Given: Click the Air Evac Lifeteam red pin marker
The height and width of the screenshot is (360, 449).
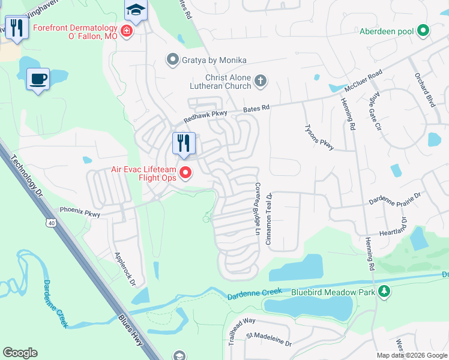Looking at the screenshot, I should (185, 173).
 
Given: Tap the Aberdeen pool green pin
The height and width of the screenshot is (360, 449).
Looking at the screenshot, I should (423, 30).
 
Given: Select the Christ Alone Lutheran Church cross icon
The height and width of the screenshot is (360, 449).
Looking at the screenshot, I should (261, 80).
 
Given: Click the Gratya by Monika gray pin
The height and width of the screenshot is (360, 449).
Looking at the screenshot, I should (173, 59).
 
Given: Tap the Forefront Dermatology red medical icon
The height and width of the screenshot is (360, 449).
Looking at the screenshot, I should (126, 31).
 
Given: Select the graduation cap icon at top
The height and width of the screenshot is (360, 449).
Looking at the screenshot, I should (136, 10).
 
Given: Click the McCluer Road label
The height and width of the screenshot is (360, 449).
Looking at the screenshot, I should (363, 81).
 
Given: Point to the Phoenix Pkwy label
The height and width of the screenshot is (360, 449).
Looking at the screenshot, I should (79, 212).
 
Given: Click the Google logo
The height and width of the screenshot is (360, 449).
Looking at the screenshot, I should (20, 353).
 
